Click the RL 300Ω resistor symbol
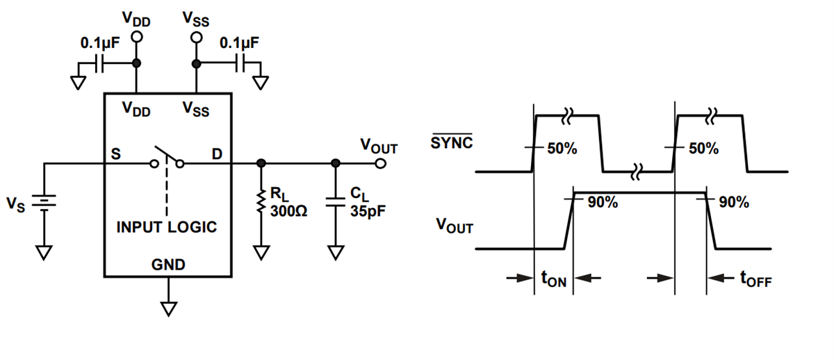click(x=261, y=201)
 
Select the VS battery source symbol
click(x=44, y=202)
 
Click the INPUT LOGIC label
click(x=166, y=227)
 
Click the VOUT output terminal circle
click(x=379, y=164)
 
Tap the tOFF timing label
click(x=755, y=279)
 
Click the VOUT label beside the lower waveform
click(x=453, y=226)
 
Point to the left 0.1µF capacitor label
click(x=100, y=43)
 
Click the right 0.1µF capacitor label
click(x=239, y=43)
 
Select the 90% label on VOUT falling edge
click(x=734, y=202)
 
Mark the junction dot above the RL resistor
click(x=261, y=164)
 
